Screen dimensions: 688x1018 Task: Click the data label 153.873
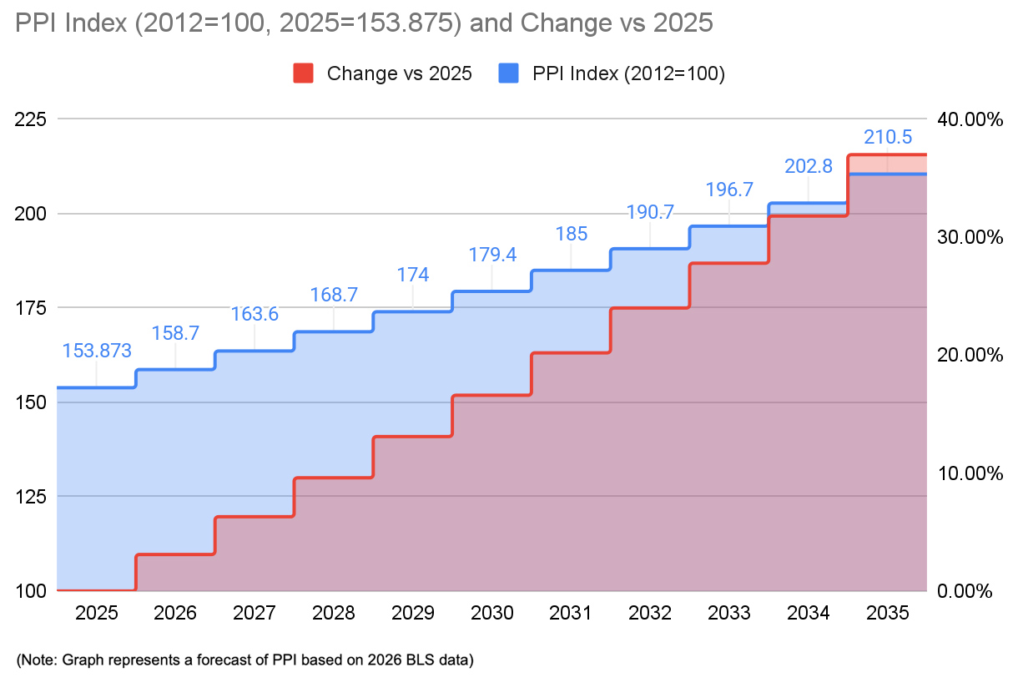97,351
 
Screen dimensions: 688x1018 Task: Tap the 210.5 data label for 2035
888,137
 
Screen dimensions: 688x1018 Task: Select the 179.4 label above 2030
492,254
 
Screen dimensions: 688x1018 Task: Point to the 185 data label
572,234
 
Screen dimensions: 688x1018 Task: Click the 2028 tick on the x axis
334,613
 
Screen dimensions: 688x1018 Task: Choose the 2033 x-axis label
729,613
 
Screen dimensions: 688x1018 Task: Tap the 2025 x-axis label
97,613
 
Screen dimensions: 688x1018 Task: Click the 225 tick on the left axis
30,119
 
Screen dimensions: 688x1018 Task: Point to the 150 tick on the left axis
30,402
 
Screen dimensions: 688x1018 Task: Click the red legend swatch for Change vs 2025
303,73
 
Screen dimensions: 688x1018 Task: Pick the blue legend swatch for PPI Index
508,73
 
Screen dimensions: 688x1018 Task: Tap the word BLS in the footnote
407,660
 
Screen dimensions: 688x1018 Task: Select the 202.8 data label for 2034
809,166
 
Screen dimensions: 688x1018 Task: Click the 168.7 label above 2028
334,295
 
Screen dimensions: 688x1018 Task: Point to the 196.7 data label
729,190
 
